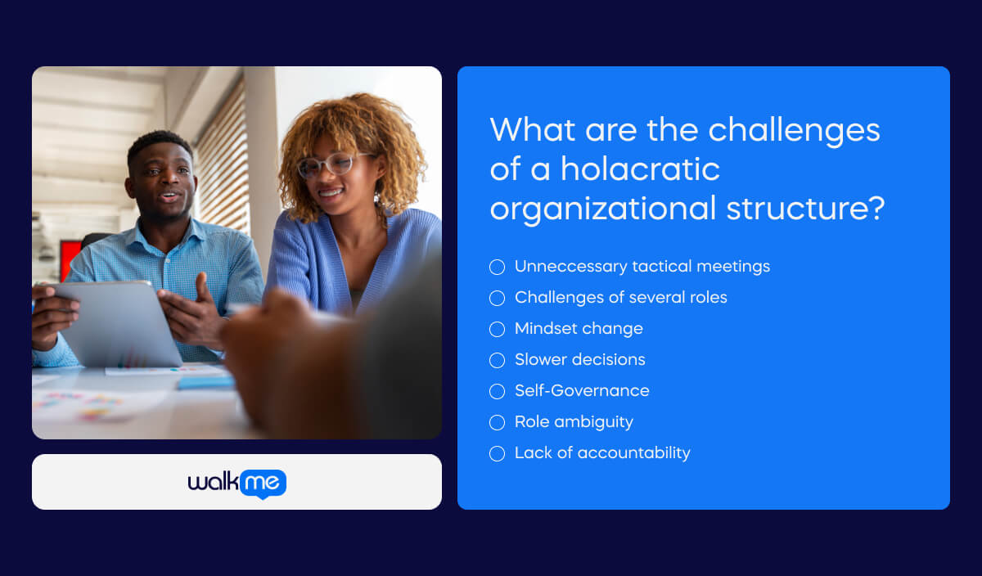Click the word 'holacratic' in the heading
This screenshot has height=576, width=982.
pyautogui.click(x=640, y=169)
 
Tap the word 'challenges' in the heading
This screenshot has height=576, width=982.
pyautogui.click(x=794, y=130)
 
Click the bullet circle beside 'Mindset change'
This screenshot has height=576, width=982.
pyautogui.click(x=497, y=329)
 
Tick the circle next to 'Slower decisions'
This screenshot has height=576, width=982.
pyautogui.click(x=497, y=360)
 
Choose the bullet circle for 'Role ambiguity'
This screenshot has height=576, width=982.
pyautogui.click(x=497, y=422)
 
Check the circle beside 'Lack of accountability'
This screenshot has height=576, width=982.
pyautogui.click(x=497, y=453)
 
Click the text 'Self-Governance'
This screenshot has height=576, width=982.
pyautogui.click(x=582, y=391)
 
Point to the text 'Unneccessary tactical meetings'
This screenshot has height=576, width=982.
pyautogui.click(x=642, y=267)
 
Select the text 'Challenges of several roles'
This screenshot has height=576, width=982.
pyautogui.click(x=620, y=298)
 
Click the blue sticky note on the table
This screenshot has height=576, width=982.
pyautogui.click(x=205, y=382)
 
